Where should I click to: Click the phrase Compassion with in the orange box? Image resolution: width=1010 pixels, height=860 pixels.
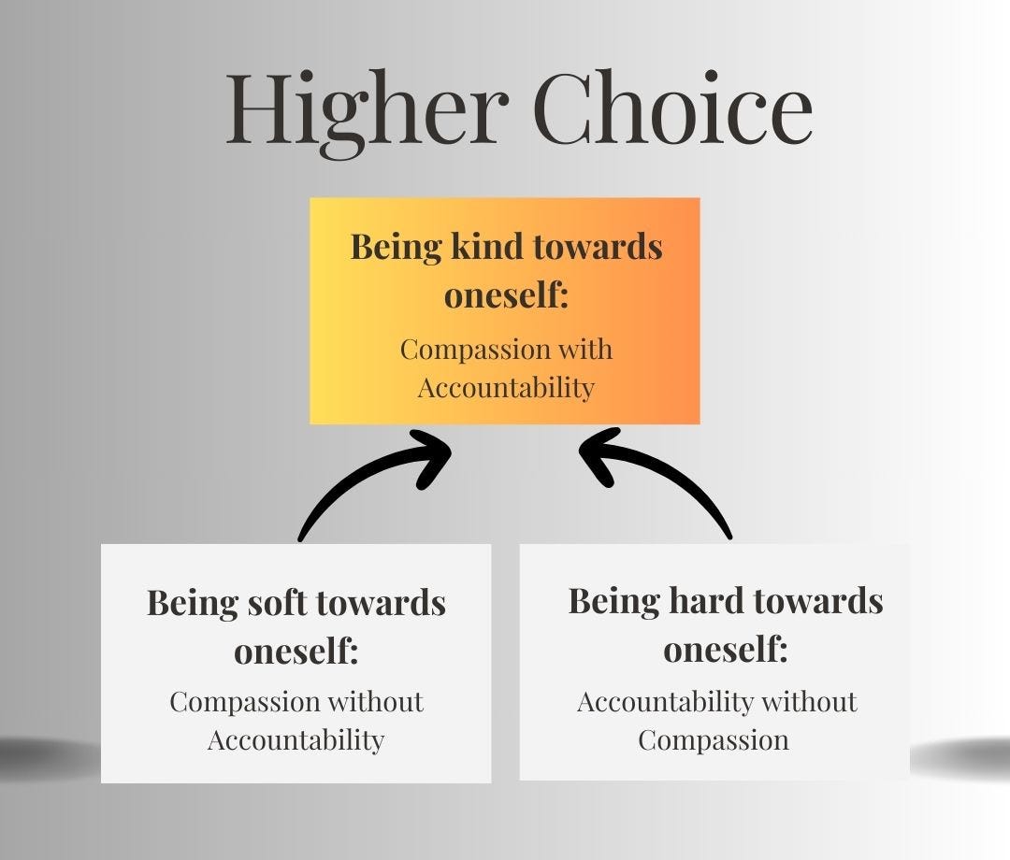click(506, 350)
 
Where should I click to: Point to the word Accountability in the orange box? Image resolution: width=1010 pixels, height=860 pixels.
click(506, 387)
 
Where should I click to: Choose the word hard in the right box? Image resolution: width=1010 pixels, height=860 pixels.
click(704, 600)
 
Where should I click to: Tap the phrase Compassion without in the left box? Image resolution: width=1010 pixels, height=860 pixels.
click(296, 702)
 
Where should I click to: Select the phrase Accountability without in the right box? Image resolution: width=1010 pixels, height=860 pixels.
click(716, 702)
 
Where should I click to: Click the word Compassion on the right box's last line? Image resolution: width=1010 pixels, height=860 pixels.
click(714, 740)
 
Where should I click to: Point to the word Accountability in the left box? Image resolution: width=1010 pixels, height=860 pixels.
click(296, 740)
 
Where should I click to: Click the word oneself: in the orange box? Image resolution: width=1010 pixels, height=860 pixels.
click(506, 296)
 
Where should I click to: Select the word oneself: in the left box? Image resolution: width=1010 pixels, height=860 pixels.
click(296, 652)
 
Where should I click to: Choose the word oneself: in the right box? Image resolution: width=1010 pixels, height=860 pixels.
click(726, 650)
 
